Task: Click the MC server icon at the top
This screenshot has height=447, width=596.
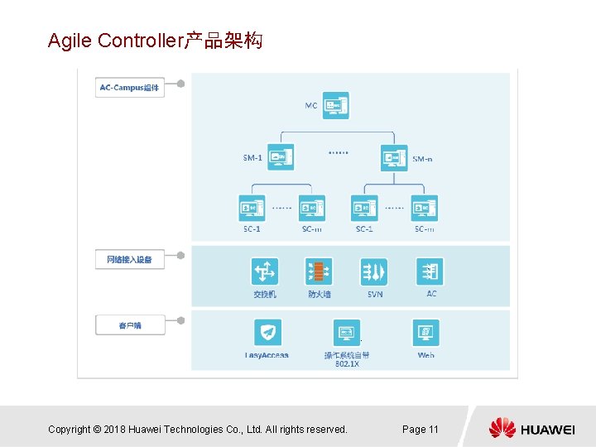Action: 336,106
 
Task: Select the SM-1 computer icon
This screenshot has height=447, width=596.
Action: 281,156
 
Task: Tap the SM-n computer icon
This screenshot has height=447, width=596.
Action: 394,156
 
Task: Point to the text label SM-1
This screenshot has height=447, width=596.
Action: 252,157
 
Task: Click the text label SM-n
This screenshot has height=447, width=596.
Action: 422,158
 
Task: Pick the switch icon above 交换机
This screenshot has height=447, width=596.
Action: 265,272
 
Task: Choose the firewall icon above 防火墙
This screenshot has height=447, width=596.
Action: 320,272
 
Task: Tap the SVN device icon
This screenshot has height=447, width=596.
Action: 374,272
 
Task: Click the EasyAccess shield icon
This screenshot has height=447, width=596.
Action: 267,333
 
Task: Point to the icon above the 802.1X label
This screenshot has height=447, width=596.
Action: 346,333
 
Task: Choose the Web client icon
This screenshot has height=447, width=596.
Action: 425,333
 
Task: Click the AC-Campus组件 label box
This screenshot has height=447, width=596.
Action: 129,87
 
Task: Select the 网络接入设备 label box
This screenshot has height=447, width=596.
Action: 129,260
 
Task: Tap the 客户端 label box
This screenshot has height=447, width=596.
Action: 129,325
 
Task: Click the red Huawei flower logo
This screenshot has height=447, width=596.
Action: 502,428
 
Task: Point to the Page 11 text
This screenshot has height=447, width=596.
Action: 420,429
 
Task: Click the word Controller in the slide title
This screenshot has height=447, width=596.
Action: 140,41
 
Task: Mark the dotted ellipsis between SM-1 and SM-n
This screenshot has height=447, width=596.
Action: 338,151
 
